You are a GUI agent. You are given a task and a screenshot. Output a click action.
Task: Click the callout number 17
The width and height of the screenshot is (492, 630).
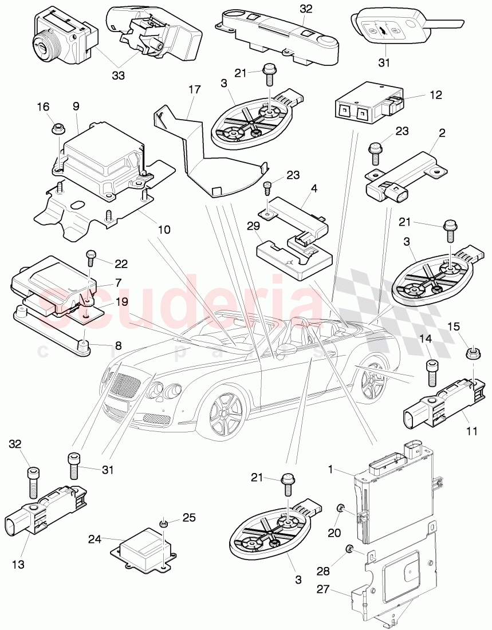194,89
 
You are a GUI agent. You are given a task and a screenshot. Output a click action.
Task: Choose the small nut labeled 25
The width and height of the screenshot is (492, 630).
164,523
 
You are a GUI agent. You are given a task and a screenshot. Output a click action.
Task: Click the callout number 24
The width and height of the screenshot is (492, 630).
95,539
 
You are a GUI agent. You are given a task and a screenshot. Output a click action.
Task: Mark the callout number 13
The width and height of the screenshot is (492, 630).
18,565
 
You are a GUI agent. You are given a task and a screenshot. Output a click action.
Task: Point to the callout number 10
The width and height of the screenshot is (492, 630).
164,230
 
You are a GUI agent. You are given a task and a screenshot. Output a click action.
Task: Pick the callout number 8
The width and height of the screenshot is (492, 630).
119,345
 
